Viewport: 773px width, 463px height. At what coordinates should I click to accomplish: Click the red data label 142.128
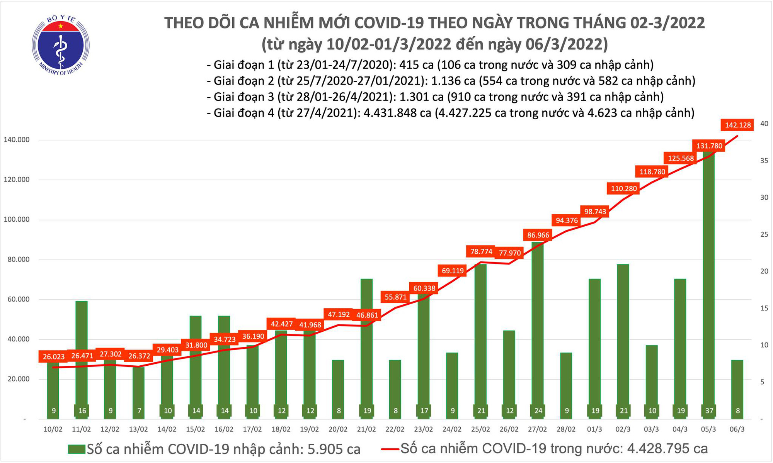[x=738, y=125]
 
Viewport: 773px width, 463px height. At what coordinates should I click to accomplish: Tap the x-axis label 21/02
[x=366, y=429]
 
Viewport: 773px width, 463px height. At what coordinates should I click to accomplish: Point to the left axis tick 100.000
[x=17, y=220]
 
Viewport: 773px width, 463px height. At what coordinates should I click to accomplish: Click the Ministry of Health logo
[x=61, y=46]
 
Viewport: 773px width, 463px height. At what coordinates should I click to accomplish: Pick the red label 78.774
[x=481, y=252]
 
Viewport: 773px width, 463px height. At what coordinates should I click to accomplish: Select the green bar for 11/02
[x=82, y=359]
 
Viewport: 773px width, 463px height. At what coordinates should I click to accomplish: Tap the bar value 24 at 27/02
[x=538, y=411]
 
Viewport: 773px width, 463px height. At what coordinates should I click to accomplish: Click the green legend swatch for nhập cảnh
[x=77, y=449]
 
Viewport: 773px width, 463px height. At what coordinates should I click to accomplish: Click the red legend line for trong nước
[x=390, y=449]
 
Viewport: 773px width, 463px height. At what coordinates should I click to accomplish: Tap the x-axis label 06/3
[x=737, y=429]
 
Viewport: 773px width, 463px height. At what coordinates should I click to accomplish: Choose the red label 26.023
[x=54, y=357]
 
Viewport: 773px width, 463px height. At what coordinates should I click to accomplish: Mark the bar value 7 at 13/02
[x=139, y=411]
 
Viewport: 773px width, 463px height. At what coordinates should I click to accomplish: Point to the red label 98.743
[x=595, y=212]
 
